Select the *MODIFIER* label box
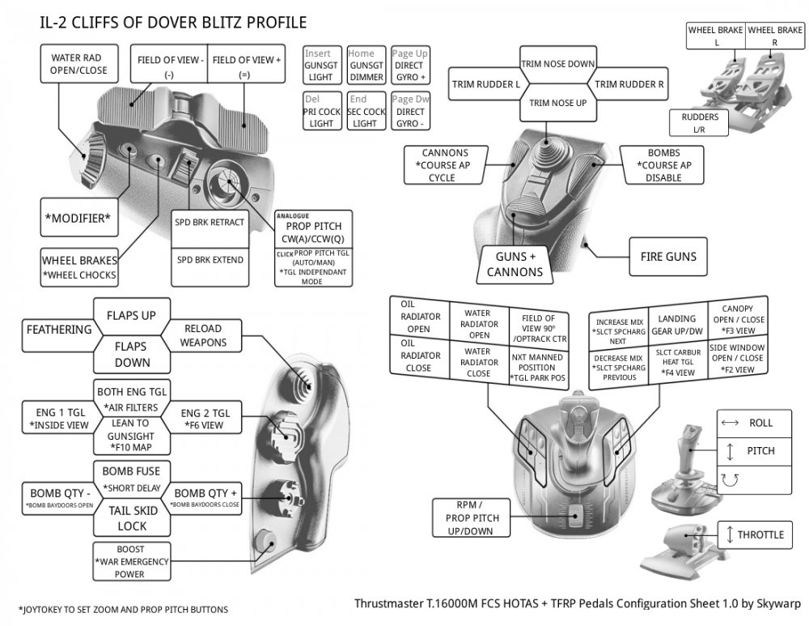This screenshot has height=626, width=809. (x=78, y=219)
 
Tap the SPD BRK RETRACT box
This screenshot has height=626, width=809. (x=210, y=223)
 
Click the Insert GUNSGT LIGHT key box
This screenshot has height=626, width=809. (x=321, y=66)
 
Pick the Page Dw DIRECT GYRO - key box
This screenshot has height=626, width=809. (x=409, y=112)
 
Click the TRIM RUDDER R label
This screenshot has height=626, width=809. (x=629, y=83)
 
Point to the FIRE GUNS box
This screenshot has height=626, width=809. (x=668, y=257)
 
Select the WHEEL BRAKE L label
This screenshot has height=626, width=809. (x=716, y=36)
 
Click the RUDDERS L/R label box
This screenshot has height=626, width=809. (x=699, y=122)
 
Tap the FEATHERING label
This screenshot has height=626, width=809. (x=59, y=330)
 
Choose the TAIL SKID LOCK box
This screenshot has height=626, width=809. (x=131, y=518)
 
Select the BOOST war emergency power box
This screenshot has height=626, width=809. (x=130, y=562)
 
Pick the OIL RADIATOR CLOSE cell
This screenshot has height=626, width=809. (x=421, y=362)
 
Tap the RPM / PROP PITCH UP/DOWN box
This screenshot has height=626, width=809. (x=472, y=517)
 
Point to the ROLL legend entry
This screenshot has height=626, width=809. (x=753, y=423)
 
